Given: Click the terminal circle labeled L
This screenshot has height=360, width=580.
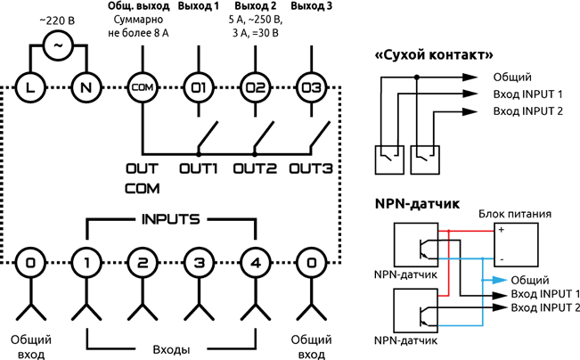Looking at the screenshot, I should [30, 86].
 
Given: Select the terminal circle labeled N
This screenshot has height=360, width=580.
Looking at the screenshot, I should [86, 86].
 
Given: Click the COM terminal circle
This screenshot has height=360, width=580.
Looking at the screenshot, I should [142, 86].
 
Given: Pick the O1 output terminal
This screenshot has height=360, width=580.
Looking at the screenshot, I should [197, 86].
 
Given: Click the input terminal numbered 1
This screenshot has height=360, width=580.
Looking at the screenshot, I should [86, 263].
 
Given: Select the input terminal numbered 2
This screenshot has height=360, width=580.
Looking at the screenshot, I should [142, 263].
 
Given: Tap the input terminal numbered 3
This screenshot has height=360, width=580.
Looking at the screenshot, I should [197, 263].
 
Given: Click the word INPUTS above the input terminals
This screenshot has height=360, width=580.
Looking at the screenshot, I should [169, 218].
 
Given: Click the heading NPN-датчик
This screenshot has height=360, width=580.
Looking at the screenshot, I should [418, 203].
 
